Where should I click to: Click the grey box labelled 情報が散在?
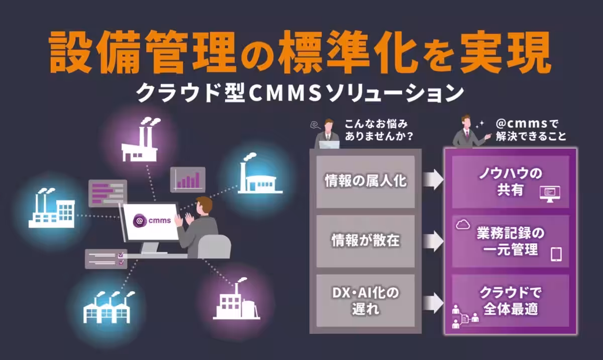[x=365, y=241]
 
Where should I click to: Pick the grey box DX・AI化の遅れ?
[x=365, y=300]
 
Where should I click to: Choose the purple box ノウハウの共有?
[x=510, y=182]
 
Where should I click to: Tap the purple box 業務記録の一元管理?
[x=510, y=241]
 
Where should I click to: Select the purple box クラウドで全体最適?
[x=510, y=300]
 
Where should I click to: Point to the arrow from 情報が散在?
[x=432, y=241]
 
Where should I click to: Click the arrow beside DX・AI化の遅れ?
[x=432, y=302]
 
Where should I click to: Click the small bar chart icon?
[x=187, y=179]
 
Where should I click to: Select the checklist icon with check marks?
[x=106, y=258]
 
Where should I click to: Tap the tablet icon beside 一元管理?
[x=556, y=254]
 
